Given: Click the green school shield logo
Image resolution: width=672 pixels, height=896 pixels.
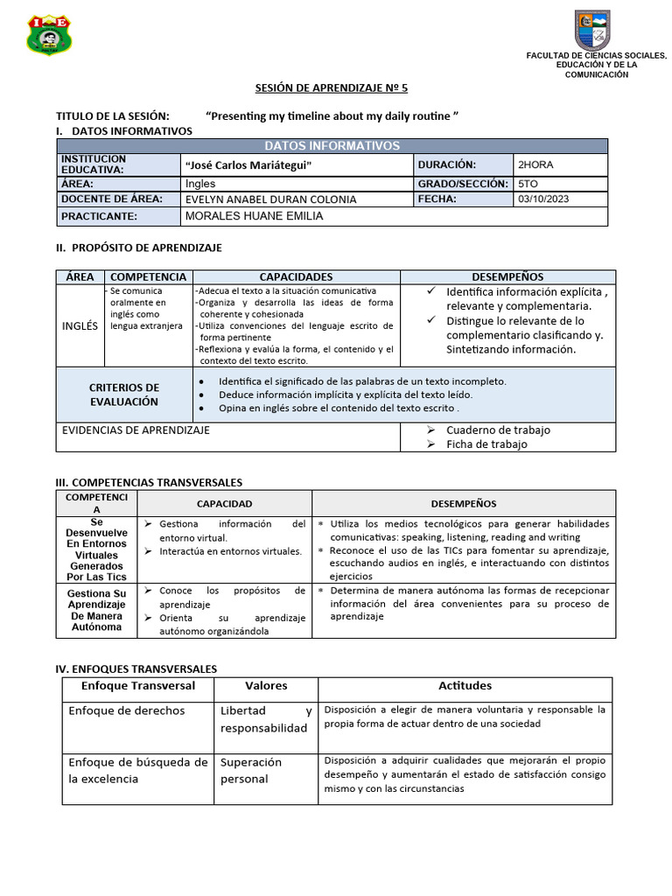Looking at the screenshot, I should [50, 35].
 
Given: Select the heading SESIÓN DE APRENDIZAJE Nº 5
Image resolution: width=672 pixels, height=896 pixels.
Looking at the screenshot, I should [332, 88].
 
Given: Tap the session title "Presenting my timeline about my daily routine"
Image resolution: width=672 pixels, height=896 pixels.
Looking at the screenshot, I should [332, 115].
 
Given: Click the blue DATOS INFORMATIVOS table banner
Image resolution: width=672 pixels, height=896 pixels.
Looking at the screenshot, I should [332, 146].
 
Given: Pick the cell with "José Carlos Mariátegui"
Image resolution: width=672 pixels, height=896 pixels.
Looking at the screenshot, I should [248, 165].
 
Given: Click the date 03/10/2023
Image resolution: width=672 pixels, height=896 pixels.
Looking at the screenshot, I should [543, 199].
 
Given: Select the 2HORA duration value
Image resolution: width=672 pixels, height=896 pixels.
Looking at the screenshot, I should [535, 164].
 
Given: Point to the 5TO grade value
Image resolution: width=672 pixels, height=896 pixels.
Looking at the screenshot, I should [528, 184].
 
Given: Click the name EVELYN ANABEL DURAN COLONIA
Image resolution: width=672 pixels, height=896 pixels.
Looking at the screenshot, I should [270, 199].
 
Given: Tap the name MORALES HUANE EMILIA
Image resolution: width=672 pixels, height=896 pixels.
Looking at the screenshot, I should [254, 216].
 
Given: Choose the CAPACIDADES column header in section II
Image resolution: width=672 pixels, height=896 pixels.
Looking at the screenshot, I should [296, 276].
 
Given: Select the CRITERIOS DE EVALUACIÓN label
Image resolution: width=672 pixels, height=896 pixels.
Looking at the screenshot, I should [124, 395].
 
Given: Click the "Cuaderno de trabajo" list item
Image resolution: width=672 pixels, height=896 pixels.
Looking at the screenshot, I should [498, 430].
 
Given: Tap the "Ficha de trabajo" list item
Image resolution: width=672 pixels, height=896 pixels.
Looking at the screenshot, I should [486, 444].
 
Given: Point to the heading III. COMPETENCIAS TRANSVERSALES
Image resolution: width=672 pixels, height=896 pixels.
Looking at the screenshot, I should [149, 482].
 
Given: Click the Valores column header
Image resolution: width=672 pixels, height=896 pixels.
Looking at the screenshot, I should [266, 686].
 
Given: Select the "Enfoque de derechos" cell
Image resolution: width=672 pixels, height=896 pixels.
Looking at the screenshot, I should [127, 710].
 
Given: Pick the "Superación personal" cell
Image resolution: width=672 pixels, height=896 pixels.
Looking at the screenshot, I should [251, 771].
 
